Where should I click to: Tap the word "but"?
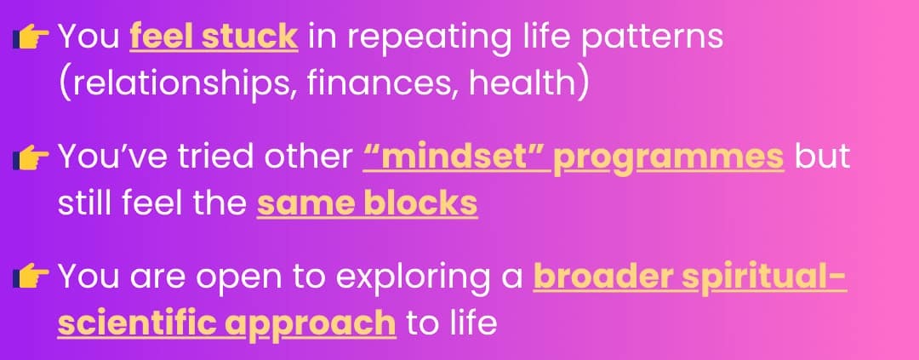click(x=822, y=156)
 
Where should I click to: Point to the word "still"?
click(x=87, y=203)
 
